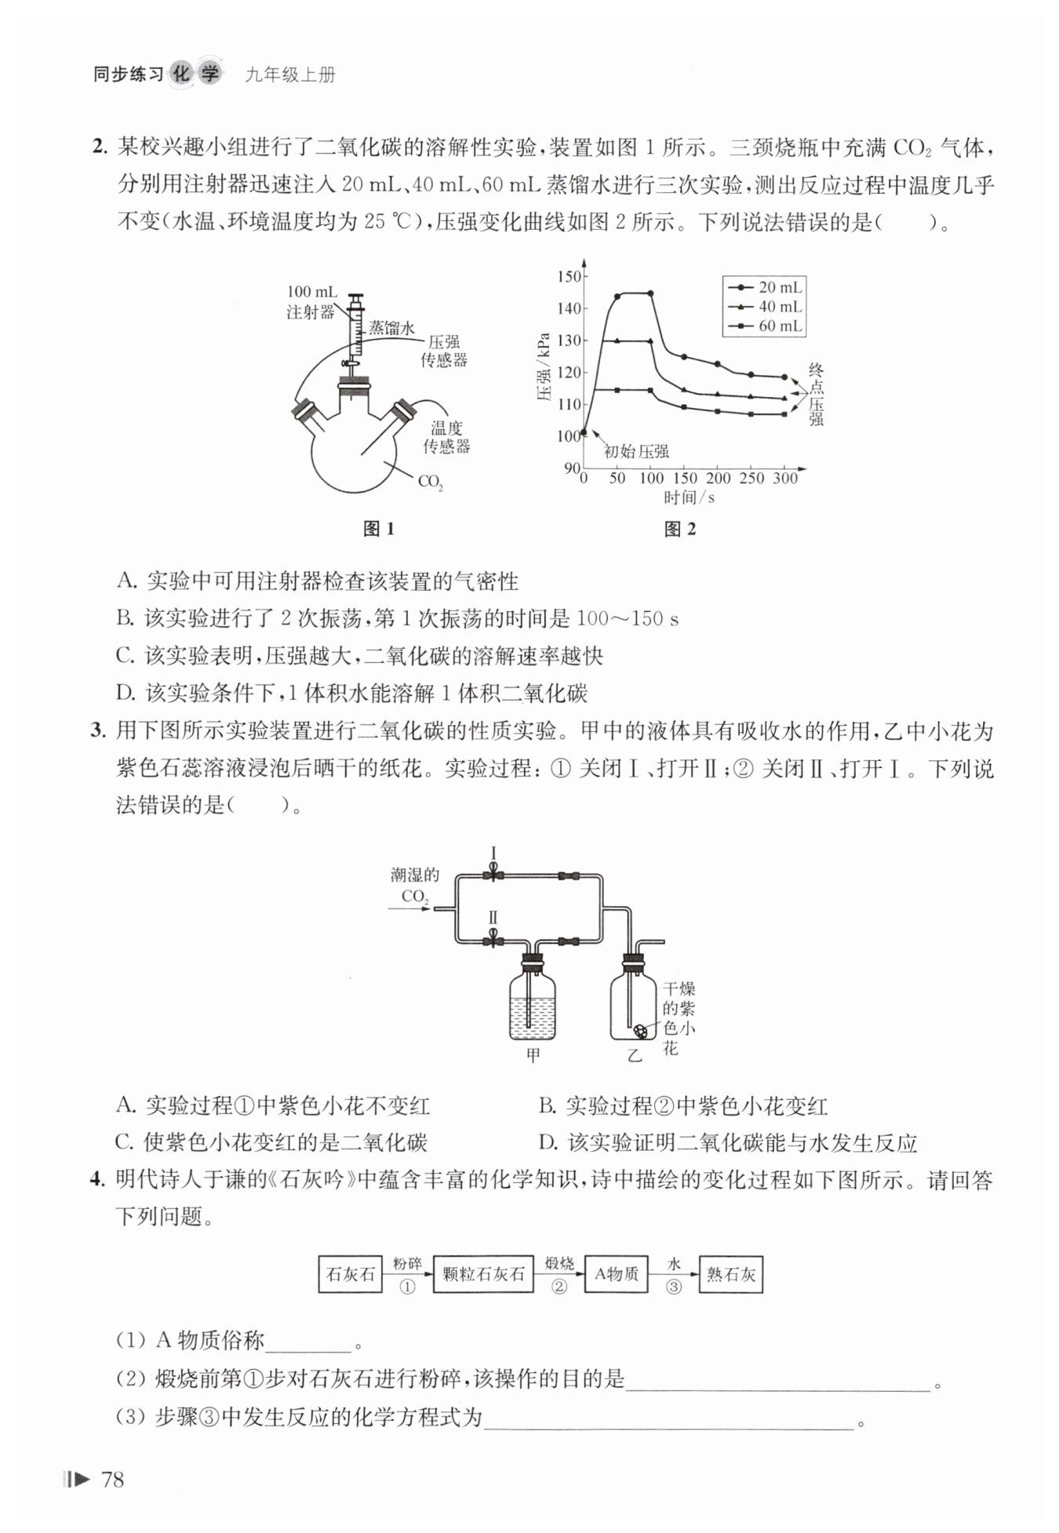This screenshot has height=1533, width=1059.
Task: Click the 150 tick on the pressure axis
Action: [x=569, y=276]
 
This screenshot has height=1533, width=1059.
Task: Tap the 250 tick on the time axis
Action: [x=751, y=478]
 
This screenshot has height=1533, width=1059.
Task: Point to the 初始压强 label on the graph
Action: [x=635, y=451]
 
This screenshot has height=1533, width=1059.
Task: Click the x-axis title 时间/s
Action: [x=689, y=497]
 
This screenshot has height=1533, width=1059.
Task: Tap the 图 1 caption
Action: [x=378, y=529]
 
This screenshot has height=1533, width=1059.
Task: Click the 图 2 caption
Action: [x=679, y=529]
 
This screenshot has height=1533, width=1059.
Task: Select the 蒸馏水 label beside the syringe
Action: [x=391, y=329]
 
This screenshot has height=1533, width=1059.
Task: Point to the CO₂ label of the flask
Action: [x=430, y=482]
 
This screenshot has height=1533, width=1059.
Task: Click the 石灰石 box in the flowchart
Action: [x=350, y=1274]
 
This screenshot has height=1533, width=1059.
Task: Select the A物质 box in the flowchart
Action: [x=617, y=1274]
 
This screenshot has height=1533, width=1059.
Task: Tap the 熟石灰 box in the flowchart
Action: [x=730, y=1274]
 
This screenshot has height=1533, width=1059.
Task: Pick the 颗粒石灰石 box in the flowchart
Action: [x=482, y=1274]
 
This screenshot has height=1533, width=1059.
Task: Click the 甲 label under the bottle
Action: [x=533, y=1055]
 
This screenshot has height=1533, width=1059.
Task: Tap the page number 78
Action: [x=113, y=1479]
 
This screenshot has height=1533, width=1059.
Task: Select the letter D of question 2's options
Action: [x=126, y=693]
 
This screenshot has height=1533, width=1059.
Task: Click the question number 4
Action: [x=97, y=1179]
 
